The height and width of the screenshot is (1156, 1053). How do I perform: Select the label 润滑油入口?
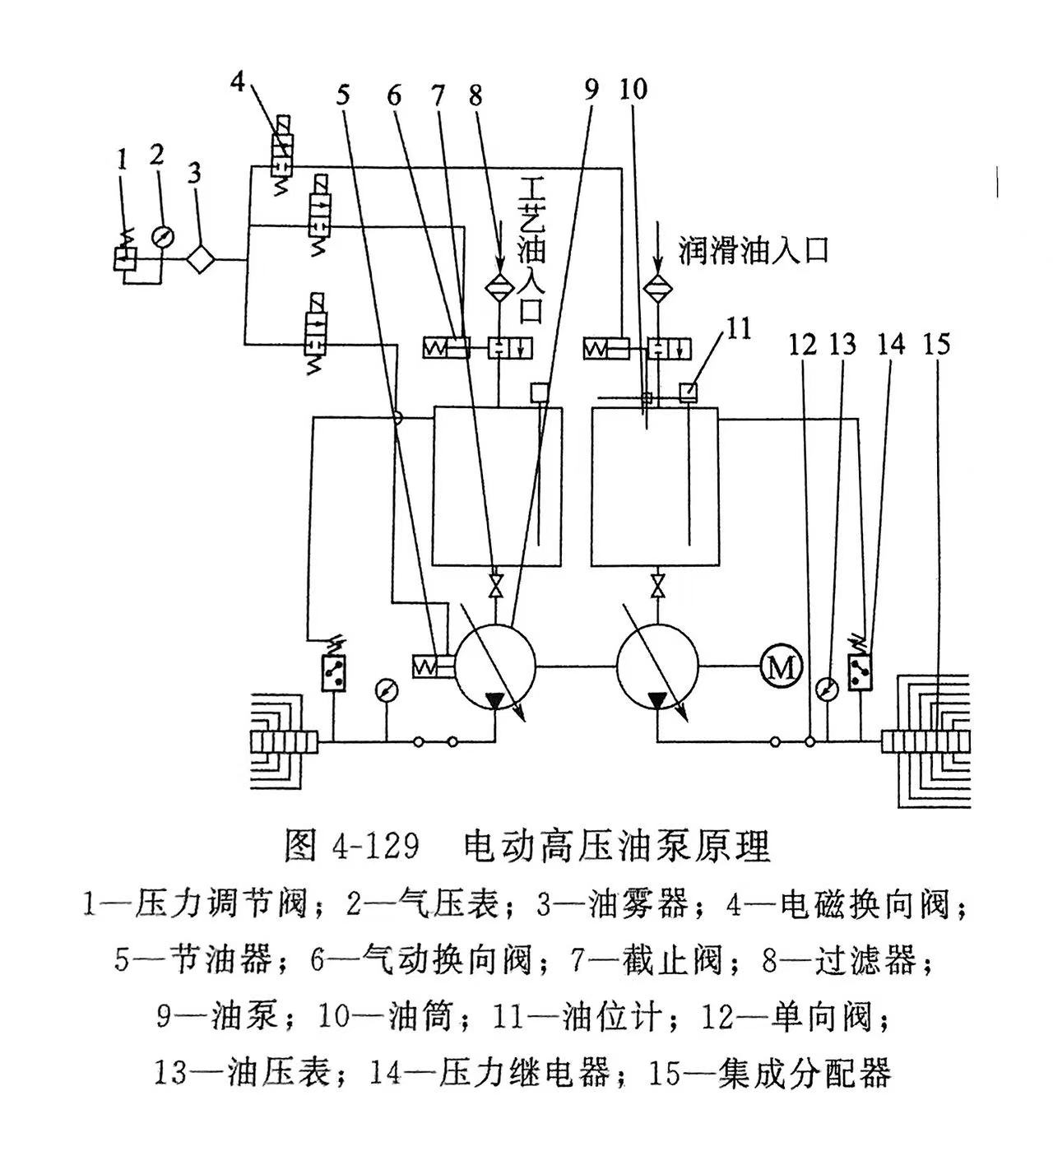point(753,250)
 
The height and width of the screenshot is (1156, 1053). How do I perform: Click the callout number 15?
point(936,343)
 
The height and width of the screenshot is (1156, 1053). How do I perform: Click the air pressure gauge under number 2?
point(164,236)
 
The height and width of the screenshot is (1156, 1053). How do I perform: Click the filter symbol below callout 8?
point(499,286)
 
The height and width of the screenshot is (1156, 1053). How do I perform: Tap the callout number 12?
point(803,343)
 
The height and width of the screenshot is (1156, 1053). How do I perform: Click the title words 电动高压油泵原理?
point(617,845)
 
